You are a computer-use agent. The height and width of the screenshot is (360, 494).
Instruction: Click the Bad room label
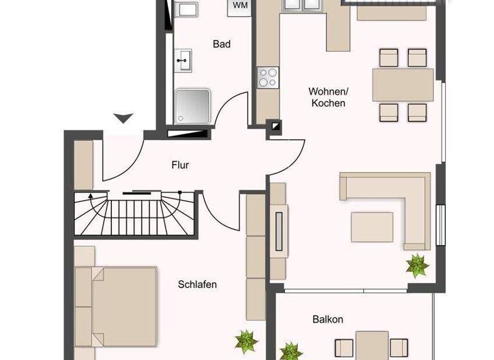pos(222,44)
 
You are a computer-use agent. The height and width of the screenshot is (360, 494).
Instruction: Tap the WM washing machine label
pos(240,6)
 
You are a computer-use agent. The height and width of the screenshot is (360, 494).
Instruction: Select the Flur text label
pos(180,165)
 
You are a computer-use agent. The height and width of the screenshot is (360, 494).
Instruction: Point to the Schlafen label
pos(197,284)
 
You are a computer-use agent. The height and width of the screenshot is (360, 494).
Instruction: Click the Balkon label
pos(328,319)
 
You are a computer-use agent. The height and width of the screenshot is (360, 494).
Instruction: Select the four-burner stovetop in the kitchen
pos(268,78)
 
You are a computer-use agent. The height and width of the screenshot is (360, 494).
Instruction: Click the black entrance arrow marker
pos(123,118)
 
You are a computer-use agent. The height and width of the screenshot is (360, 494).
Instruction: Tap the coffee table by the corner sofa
pos(372,226)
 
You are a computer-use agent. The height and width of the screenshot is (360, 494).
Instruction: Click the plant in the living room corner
pos(417,264)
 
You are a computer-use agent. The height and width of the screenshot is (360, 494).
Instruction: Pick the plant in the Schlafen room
pos(245,341)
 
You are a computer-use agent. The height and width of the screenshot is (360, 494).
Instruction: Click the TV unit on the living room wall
pos(279,229)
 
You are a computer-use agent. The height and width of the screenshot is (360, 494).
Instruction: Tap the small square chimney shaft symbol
pos(275,127)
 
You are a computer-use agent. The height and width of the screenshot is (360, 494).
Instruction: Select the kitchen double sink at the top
pos(303,5)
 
